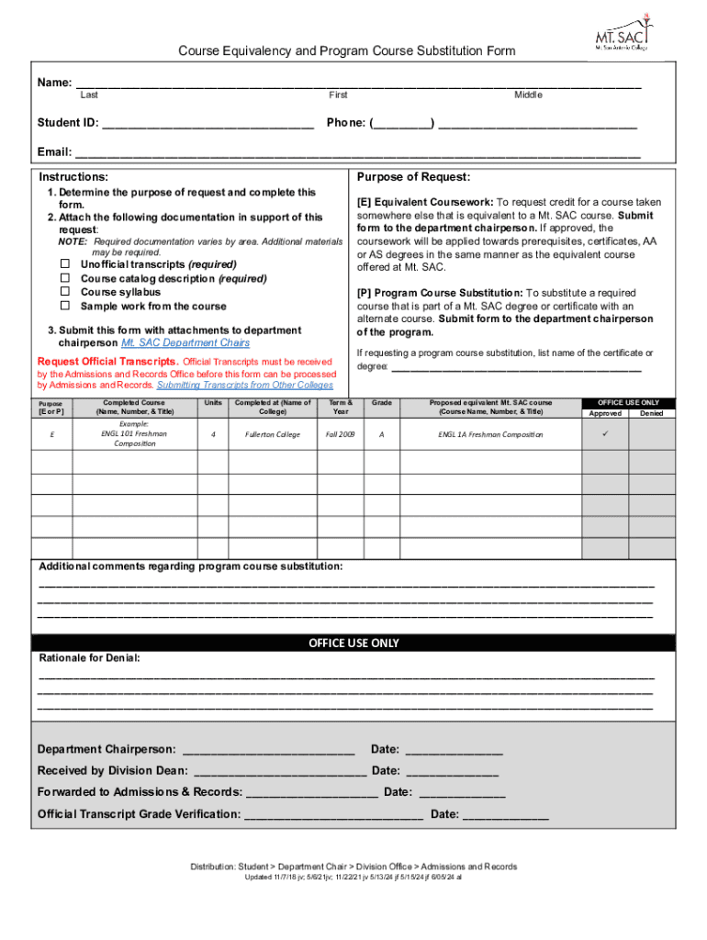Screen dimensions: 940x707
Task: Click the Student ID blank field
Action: point(208,124)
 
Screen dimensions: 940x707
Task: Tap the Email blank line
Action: point(357,153)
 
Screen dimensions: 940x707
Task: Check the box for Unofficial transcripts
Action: point(66,264)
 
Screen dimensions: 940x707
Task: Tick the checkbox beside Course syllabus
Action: point(66,292)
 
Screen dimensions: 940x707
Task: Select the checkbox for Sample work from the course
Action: point(66,306)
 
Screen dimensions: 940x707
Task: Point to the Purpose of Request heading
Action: point(413,177)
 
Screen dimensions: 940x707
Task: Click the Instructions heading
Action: point(73,177)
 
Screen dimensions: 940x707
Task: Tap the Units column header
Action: point(213,403)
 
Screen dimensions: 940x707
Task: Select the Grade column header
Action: point(382,403)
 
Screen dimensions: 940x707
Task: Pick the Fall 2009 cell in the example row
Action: point(340,434)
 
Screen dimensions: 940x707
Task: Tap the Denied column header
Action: point(652,413)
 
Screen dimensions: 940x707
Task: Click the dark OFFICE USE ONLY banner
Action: point(353,643)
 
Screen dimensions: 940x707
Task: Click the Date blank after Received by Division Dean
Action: point(452,771)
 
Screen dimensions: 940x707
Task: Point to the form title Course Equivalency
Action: point(346,51)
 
